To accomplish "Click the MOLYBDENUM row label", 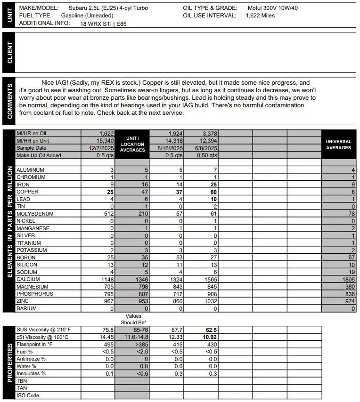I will (x=35, y=214).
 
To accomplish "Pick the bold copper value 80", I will (x=213, y=192).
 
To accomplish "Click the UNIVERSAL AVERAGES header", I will (x=338, y=145).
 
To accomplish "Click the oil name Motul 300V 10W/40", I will (x=272, y=8).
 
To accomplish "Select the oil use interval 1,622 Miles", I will (x=260, y=16).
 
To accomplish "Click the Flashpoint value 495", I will (x=108, y=344).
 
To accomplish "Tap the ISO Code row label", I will (x=28, y=395).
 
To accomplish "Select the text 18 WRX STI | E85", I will (x=106, y=23).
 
